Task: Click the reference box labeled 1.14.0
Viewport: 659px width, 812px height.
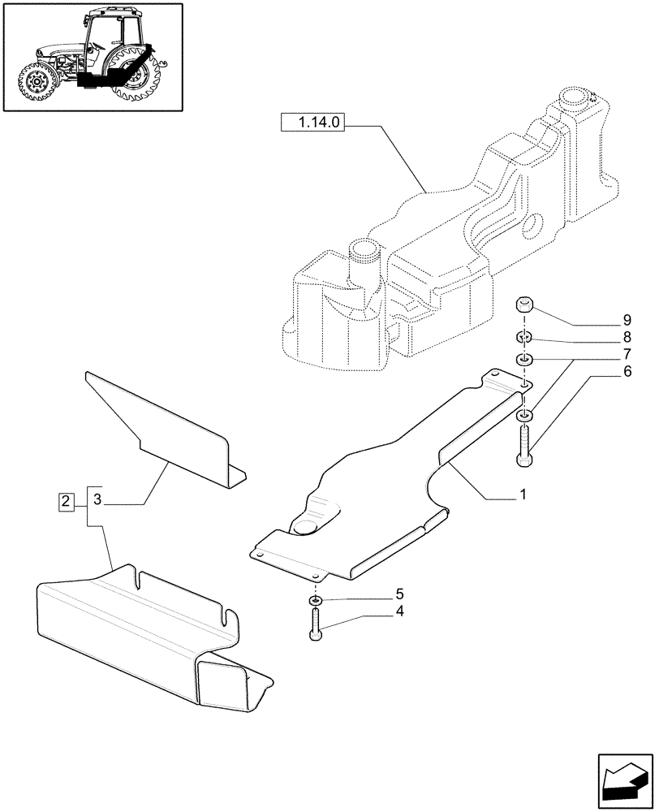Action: pyautogui.click(x=314, y=123)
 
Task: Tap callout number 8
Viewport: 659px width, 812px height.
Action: pyautogui.click(x=604, y=337)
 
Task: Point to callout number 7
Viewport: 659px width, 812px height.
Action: pyautogui.click(x=604, y=355)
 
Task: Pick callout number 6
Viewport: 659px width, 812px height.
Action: pyautogui.click(x=604, y=373)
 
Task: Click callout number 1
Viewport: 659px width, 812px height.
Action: pyautogui.click(x=523, y=494)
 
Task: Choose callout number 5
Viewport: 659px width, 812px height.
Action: pyautogui.click(x=399, y=595)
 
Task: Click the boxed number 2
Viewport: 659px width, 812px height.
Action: pyautogui.click(x=67, y=501)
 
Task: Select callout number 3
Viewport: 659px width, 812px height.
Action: pyautogui.click(x=97, y=501)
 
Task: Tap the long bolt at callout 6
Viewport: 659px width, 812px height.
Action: pyautogui.click(x=523, y=447)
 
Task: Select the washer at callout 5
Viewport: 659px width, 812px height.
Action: pyautogui.click(x=316, y=601)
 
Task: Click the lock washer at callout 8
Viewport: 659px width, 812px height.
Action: pyautogui.click(x=524, y=338)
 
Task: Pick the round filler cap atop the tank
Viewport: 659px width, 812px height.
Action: pyautogui.click(x=579, y=99)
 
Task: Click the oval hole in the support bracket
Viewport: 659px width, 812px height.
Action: pyautogui.click(x=308, y=527)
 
